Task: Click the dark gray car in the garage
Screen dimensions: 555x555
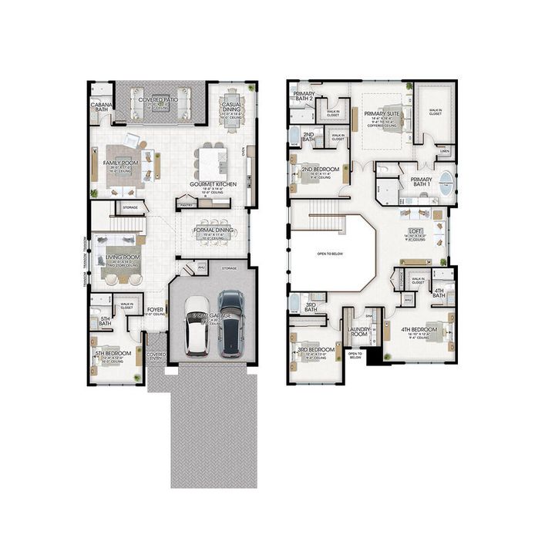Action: tap(230, 324)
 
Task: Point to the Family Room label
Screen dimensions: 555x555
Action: tap(121, 163)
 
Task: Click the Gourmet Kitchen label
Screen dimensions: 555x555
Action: tap(213, 184)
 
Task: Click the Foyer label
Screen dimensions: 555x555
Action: tap(156, 310)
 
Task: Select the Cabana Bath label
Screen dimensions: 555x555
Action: tap(100, 106)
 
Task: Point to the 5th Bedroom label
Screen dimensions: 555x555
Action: tap(110, 354)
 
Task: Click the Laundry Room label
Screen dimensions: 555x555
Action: tap(358, 332)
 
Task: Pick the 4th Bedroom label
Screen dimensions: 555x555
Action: tap(419, 329)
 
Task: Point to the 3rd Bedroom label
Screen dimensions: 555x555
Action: tap(316, 349)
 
